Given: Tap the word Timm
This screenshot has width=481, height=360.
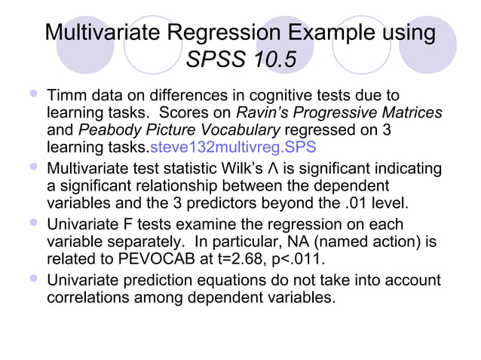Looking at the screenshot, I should point(66,96).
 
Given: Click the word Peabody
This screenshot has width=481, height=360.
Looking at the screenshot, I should point(105,130).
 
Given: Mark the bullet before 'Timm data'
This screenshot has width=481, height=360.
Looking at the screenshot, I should point(31,95).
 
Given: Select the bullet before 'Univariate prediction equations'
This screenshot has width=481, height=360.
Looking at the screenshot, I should point(31,281).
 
